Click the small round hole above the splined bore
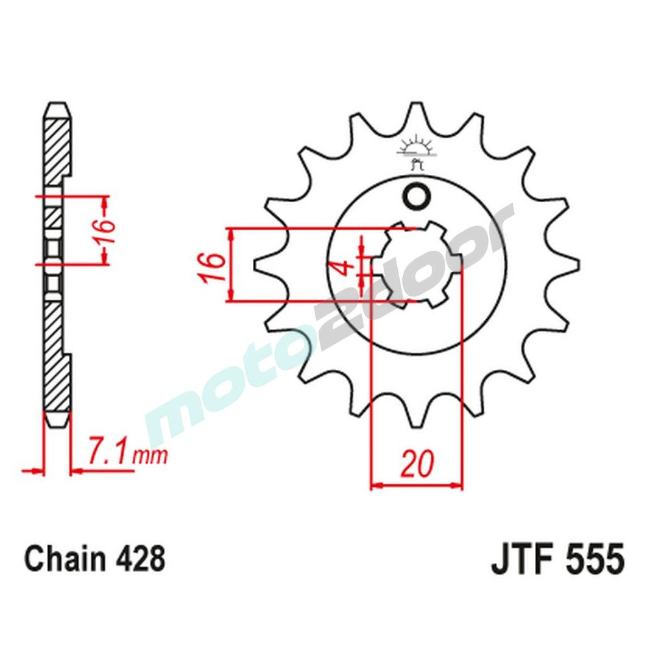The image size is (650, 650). [415, 196]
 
